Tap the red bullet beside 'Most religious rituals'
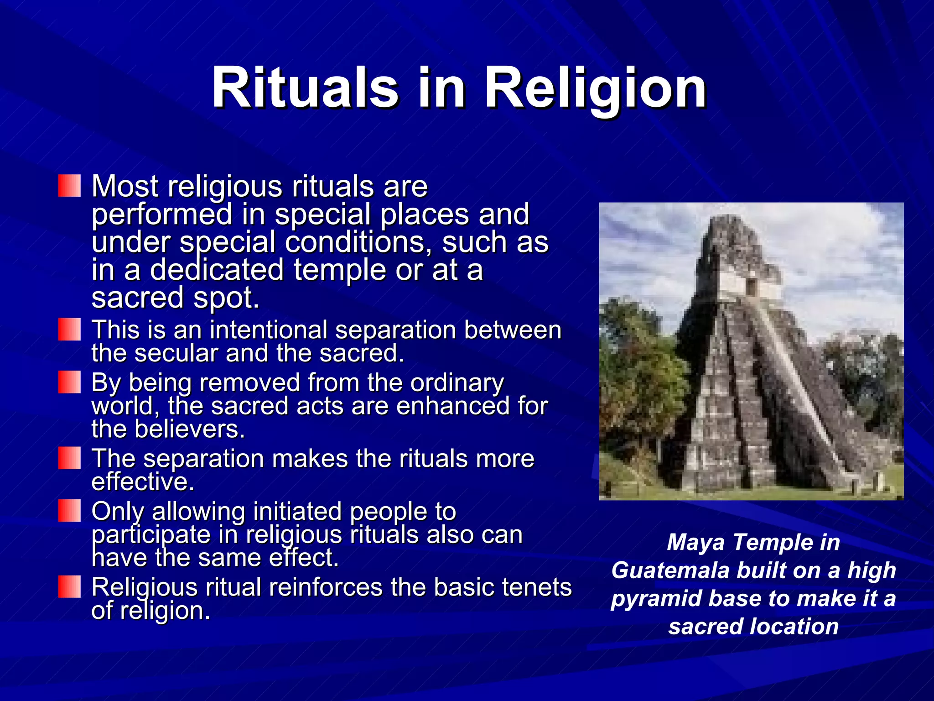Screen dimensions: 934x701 [69, 186]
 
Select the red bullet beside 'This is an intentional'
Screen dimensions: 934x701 [69, 329]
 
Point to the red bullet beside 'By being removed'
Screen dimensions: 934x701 [69, 382]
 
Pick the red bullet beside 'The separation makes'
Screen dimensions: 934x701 [69, 458]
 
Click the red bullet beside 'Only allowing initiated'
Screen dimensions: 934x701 [69, 510]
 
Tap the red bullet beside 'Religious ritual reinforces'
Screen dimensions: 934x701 [69, 586]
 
